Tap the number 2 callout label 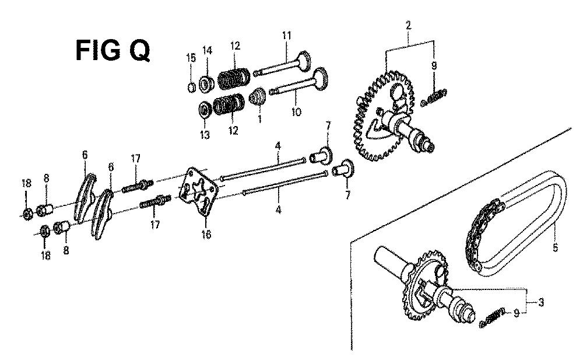click(x=408, y=25)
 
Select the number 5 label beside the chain click(x=555, y=247)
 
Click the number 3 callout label click(x=541, y=302)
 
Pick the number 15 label click(x=191, y=58)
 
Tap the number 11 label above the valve click(x=286, y=36)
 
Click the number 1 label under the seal click(x=259, y=119)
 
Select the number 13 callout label click(x=205, y=134)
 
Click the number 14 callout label click(x=208, y=50)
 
